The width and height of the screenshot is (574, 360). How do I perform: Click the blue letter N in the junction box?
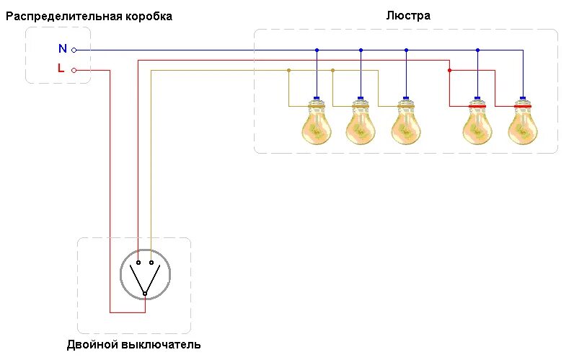pos(62,49)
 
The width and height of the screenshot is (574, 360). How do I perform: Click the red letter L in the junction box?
pos(61,69)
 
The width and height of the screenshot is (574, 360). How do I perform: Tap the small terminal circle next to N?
pos(74,50)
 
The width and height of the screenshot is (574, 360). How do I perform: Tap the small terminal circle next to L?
pos(74,70)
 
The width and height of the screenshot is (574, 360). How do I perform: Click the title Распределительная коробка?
pos(89,16)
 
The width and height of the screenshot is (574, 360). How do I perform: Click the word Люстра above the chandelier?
pos(408,14)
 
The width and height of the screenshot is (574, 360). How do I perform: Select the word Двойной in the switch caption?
pos(92,345)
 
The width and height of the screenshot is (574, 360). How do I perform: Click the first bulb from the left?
pos(317,122)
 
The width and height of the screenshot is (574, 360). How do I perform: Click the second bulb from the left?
pos(360,122)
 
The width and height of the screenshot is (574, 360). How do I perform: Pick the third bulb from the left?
pos(405,122)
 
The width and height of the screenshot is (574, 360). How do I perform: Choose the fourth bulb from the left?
pos(477,122)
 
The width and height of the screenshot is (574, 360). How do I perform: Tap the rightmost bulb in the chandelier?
pos(522,122)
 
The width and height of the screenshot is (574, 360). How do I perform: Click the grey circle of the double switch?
pos(145,273)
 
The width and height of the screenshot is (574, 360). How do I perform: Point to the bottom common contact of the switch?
pos(144,294)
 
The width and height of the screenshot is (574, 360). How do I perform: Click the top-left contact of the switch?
pos(138,263)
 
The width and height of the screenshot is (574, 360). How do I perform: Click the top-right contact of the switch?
pos(151,263)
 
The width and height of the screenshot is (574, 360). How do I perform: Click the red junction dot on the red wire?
pos(449,70)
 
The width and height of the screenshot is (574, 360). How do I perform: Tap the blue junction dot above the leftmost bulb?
pos(317,50)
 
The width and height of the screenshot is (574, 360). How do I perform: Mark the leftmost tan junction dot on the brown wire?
pos(288,70)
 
